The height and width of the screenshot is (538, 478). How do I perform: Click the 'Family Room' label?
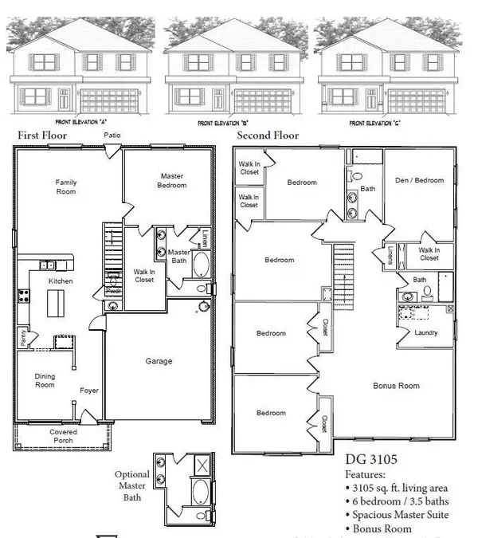pyautogui.click(x=66, y=187)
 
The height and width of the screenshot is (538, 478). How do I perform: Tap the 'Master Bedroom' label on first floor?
pyautogui.click(x=173, y=181)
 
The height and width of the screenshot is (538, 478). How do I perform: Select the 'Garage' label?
pyautogui.click(x=159, y=361)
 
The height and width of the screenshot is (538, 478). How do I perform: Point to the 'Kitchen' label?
pyautogui.click(x=61, y=281)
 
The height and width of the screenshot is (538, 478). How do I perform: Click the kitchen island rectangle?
pyautogui.click(x=56, y=303)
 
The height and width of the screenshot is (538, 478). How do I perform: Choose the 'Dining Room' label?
pyautogui.click(x=45, y=379)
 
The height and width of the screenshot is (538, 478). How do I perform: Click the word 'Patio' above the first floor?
pyautogui.click(x=112, y=136)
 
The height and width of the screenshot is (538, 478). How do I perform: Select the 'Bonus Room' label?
pyautogui.click(x=396, y=386)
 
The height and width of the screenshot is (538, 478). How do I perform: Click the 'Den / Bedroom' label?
pyautogui.click(x=419, y=180)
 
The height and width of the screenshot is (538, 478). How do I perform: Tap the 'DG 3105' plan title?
pyautogui.click(x=372, y=460)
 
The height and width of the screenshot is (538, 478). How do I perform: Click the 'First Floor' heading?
pyautogui.click(x=42, y=135)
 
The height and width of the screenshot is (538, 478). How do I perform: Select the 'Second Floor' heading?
pyautogui.click(x=267, y=135)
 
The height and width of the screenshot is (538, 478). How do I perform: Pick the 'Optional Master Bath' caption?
pyautogui.click(x=132, y=485)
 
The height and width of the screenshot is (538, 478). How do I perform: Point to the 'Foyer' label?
pyautogui.click(x=89, y=391)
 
